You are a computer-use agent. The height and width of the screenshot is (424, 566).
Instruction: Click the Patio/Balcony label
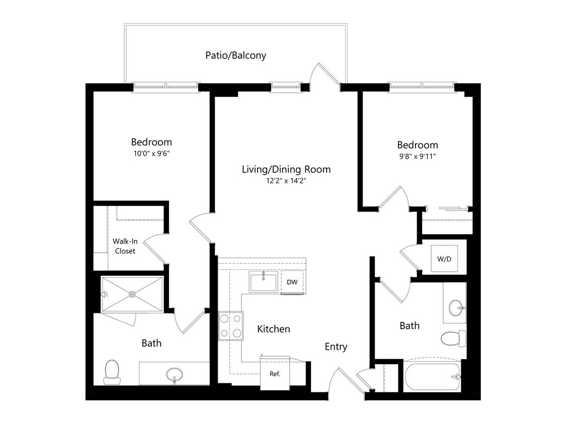pyautogui.click(x=235, y=55)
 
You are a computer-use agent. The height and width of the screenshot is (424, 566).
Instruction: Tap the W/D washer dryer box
pyautogui.click(x=444, y=260)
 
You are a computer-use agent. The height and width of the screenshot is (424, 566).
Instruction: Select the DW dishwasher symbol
pyautogui.click(x=292, y=282)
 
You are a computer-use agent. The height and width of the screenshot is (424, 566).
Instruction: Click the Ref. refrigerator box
pyautogui.click(x=274, y=373)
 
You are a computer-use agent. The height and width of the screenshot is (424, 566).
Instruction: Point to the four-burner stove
pyautogui.click(x=230, y=326)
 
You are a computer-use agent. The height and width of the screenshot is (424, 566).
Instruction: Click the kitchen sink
pyautogui.click(x=263, y=282)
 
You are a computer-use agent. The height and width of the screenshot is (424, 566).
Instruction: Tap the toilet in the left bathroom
pyautogui.click(x=111, y=371)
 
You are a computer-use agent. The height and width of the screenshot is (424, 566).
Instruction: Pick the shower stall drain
pyautogui.click(x=132, y=294)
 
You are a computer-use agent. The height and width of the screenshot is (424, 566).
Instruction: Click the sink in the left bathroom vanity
pyautogui.click(x=175, y=374)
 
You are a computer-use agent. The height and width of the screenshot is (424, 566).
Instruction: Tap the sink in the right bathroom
pyautogui.click(x=456, y=307)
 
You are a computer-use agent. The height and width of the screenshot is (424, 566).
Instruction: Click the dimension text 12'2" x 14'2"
pyautogui.click(x=286, y=181)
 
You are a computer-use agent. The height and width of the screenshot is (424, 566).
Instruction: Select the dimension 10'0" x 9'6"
pyautogui.click(x=151, y=154)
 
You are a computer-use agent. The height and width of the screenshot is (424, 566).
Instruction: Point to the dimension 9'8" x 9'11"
pyautogui.click(x=417, y=156)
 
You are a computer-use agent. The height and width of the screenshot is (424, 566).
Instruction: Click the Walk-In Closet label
pyautogui.click(x=125, y=246)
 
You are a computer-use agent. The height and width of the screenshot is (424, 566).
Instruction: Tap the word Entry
pyautogui.click(x=336, y=347)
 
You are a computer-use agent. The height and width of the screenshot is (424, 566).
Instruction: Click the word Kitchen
pyautogui.click(x=274, y=329)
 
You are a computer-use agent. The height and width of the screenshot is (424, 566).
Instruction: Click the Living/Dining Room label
pyautogui.click(x=286, y=169)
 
